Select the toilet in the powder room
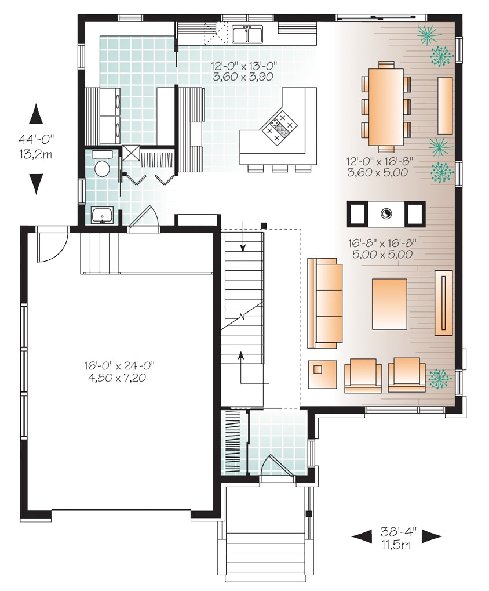click(x=102, y=166)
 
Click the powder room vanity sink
click(x=104, y=216)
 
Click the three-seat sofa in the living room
click(x=324, y=303)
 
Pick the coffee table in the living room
click(x=389, y=304)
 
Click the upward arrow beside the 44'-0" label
click(x=36, y=114)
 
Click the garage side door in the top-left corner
click(x=50, y=245)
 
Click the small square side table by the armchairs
click(x=323, y=374)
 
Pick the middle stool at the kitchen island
click(x=280, y=169)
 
